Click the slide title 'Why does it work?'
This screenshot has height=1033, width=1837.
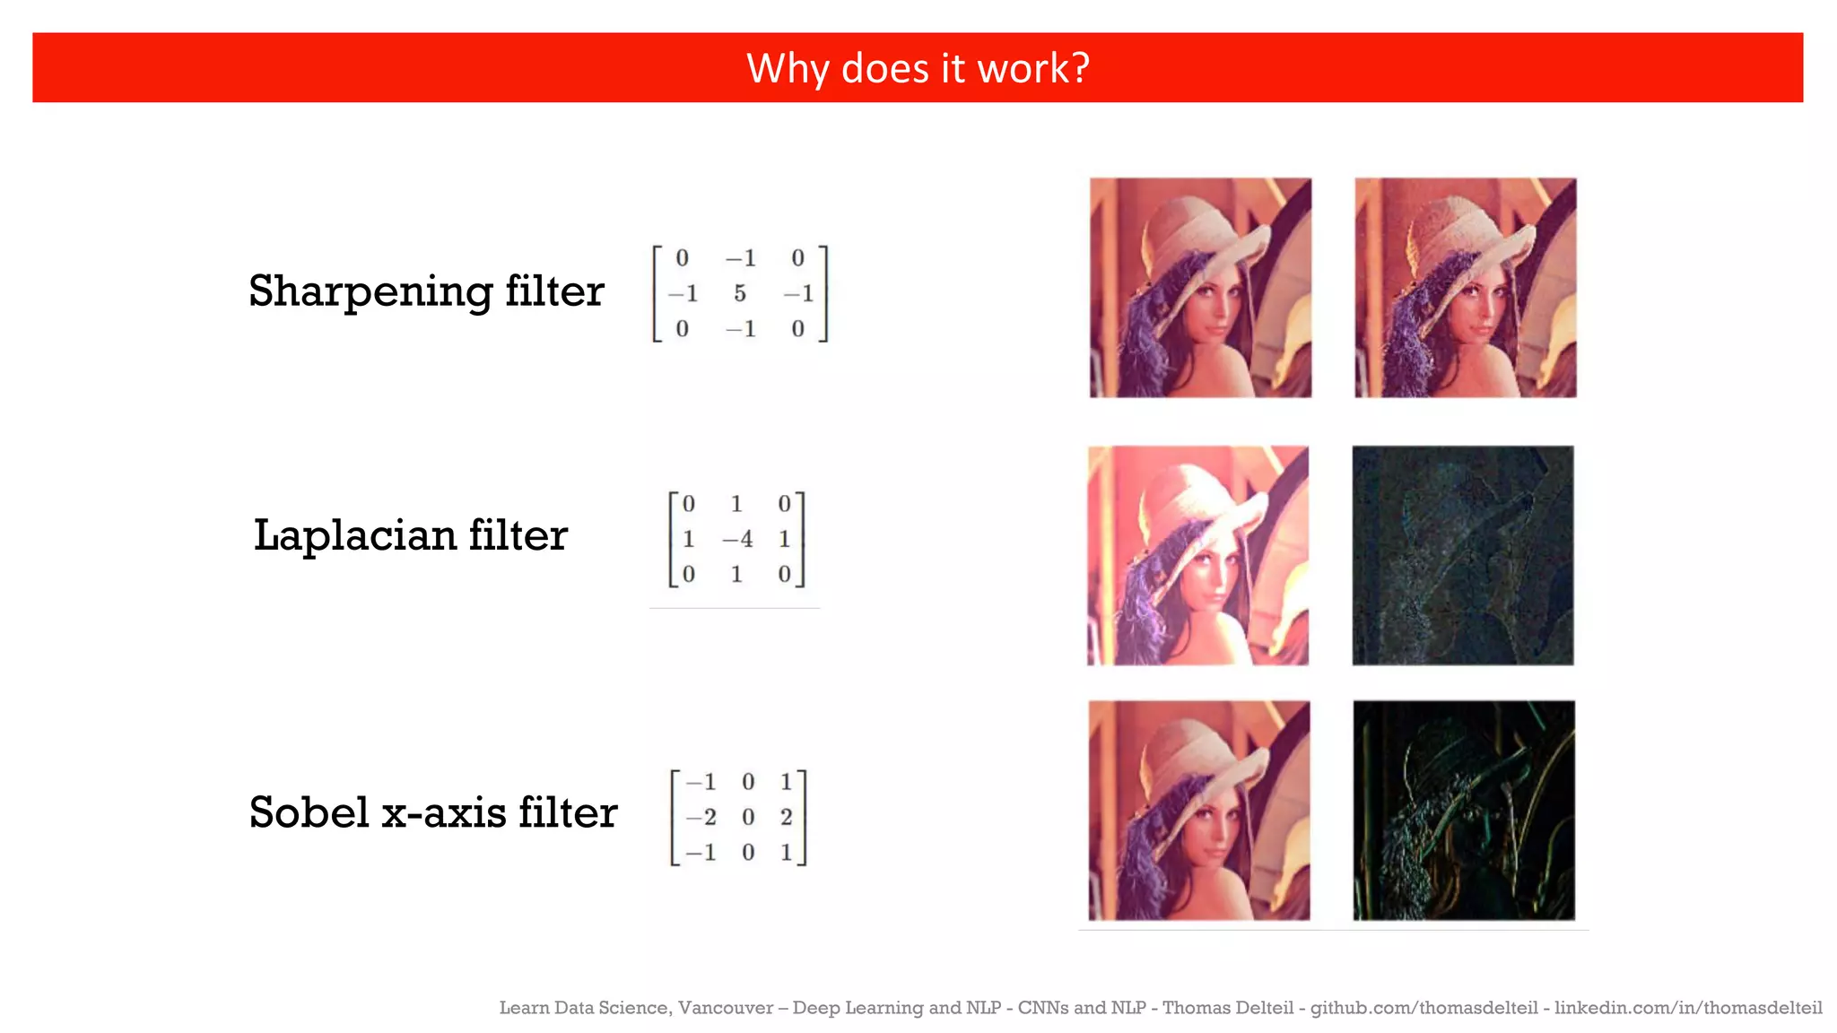pyautogui.click(x=918, y=68)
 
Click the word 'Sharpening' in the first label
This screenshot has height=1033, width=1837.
pyautogui.click(x=370, y=292)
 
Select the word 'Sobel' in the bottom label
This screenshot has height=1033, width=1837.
pyautogui.click(x=309, y=813)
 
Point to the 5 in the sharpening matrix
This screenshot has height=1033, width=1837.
pyautogui.click(x=740, y=294)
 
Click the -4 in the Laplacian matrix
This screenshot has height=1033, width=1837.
pyautogui.click(x=737, y=540)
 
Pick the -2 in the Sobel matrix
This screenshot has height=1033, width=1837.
pyautogui.click(x=701, y=818)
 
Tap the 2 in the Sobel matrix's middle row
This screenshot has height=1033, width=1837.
pyautogui.click(x=786, y=818)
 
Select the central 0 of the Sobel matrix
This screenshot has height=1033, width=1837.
pyautogui.click(x=748, y=818)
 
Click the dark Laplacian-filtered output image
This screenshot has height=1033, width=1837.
pyautogui.click(x=1463, y=555)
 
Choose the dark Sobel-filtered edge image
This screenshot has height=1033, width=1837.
pyautogui.click(x=1464, y=811)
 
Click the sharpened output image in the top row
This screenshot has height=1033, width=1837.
pyautogui.click(x=1465, y=288)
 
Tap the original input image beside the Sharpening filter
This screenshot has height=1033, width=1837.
pyautogui.click(x=1200, y=288)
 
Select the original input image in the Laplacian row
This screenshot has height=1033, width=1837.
pyautogui.click(x=1197, y=555)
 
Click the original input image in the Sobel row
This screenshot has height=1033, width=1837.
pyautogui.click(x=1199, y=811)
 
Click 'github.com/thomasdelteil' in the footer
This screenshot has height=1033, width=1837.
pyautogui.click(x=1423, y=1008)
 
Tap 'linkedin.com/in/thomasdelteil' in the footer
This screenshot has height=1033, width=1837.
pyautogui.click(x=1688, y=1008)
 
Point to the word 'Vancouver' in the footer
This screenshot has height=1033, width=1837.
pyautogui.click(x=725, y=1008)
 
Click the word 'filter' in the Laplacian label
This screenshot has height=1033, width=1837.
pyautogui.click(x=518, y=536)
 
